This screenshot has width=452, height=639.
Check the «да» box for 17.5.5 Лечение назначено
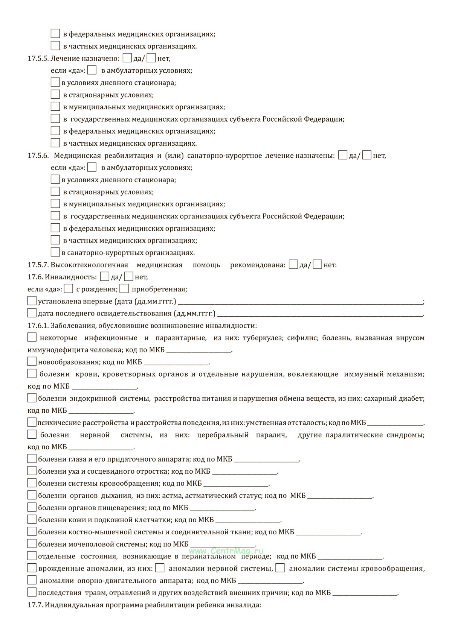pos(128,58)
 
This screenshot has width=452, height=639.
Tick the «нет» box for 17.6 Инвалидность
pos(129,277)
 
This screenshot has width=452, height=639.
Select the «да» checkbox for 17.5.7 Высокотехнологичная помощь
pos(293,265)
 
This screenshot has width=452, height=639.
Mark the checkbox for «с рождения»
pos(69,289)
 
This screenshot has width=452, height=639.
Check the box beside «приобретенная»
pos(124,289)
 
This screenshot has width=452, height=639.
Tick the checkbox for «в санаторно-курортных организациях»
pos(55,252)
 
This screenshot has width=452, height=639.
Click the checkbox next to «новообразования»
pos(32,362)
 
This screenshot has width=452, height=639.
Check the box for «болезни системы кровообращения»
pos(32,483)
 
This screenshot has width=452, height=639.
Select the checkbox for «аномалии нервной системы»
pos(160,568)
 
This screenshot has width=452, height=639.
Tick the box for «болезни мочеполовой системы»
pos(32,544)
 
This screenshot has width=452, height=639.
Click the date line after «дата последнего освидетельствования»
pos(320,314)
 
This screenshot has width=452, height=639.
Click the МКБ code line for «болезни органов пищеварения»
pos(222,508)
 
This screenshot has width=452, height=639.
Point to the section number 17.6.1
pos(38,326)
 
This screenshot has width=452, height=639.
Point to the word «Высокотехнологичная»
pos(89,265)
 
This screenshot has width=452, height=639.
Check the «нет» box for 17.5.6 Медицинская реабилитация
pos(367,156)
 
